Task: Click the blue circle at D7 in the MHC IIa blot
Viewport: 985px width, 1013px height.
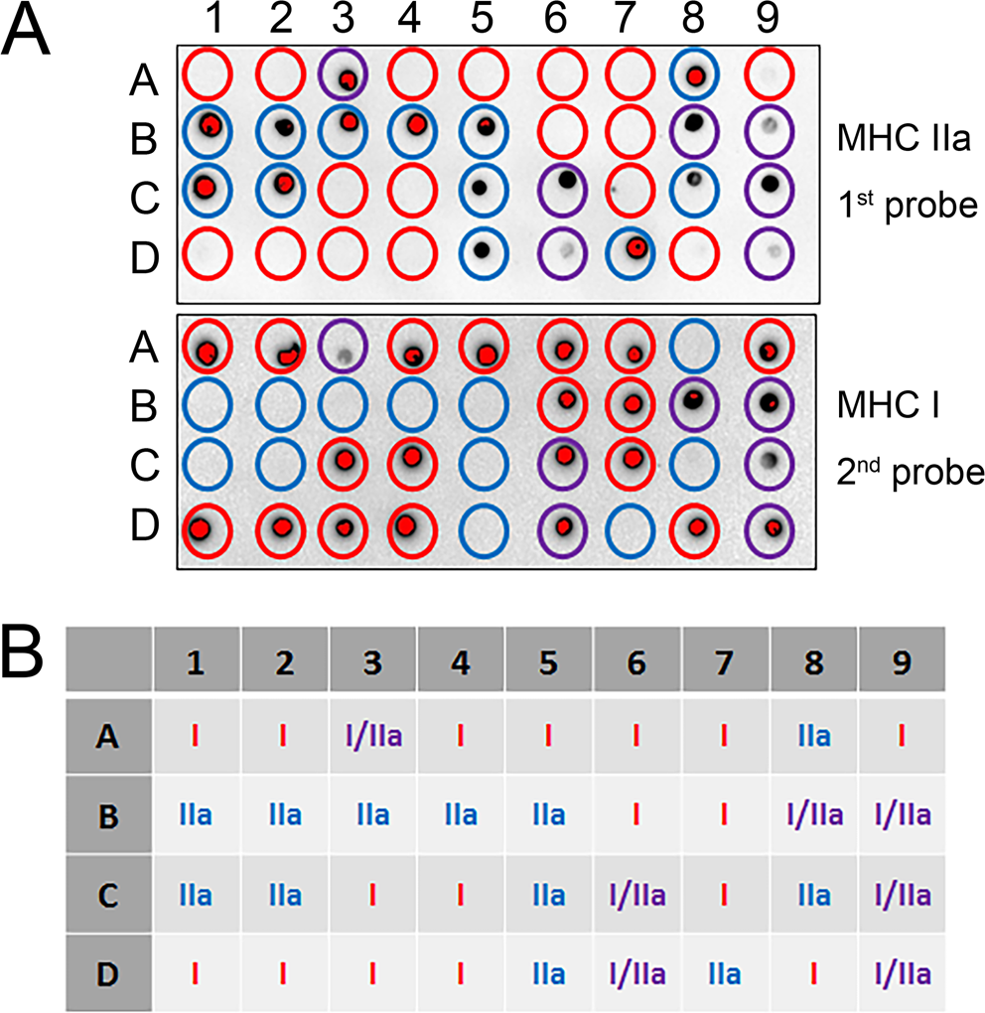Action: [630, 248]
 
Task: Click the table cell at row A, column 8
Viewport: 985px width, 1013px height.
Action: [813, 736]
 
